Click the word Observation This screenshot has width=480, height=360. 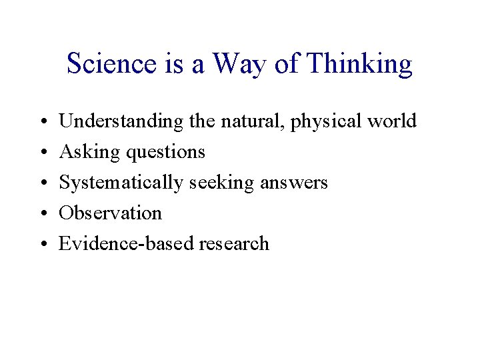[x=110, y=213]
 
